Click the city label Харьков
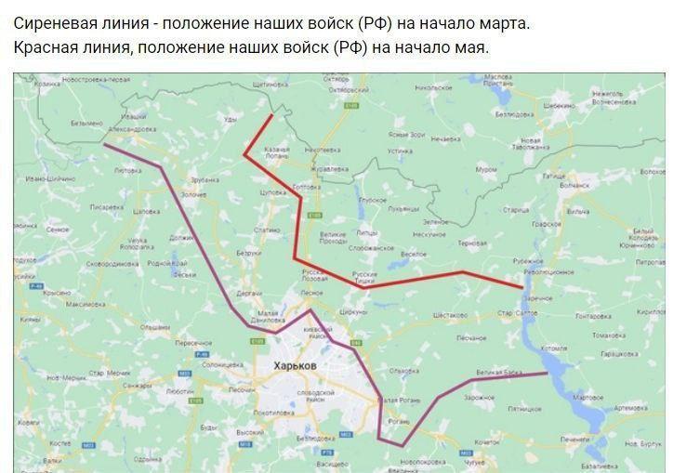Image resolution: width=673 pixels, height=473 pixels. click(296, 366)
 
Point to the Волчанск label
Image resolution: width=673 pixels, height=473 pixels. click(576, 186)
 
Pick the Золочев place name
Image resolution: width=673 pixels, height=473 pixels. click(193, 194)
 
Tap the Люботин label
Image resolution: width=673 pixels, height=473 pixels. click(179, 392)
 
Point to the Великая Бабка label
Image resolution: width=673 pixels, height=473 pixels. click(499, 373)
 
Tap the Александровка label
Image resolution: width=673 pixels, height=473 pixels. click(134, 129)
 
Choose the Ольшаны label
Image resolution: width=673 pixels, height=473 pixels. click(154, 327)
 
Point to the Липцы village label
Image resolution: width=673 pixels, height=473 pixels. click(368, 232)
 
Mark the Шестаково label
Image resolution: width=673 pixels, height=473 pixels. click(451, 314)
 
